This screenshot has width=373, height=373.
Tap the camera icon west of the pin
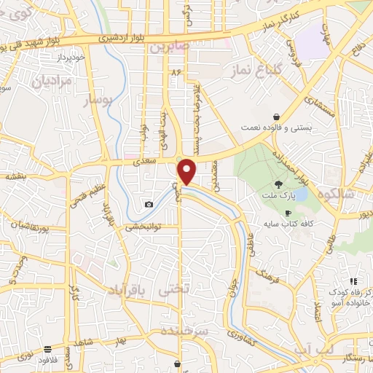point(149,205)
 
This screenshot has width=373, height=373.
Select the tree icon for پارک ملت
point(278,184)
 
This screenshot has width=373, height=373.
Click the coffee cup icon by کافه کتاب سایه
point(288,213)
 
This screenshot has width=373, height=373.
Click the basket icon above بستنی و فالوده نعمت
point(276,116)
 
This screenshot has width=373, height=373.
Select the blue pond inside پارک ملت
point(300,195)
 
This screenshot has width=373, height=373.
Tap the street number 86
point(175,74)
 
